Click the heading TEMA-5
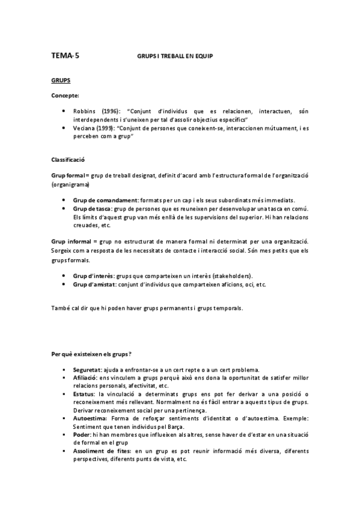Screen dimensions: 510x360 65,56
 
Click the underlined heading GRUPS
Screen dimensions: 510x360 61,79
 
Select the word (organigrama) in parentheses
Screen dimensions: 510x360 69,185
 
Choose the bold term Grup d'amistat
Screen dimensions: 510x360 96,284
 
